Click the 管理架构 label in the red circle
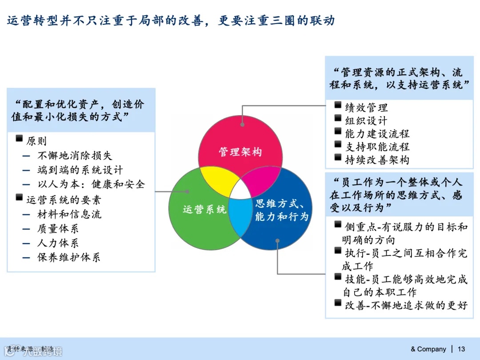[x=240, y=152]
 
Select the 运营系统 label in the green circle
[x=204, y=209]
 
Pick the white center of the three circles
[x=240, y=191]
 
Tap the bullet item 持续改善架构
[x=377, y=160]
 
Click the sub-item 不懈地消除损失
[x=75, y=156]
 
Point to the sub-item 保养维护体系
[x=69, y=257]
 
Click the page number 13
[x=461, y=349]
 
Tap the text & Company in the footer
[x=428, y=349]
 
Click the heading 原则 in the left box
[x=36, y=141]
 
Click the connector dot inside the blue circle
[x=277, y=241]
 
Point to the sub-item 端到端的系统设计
[x=80, y=170]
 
